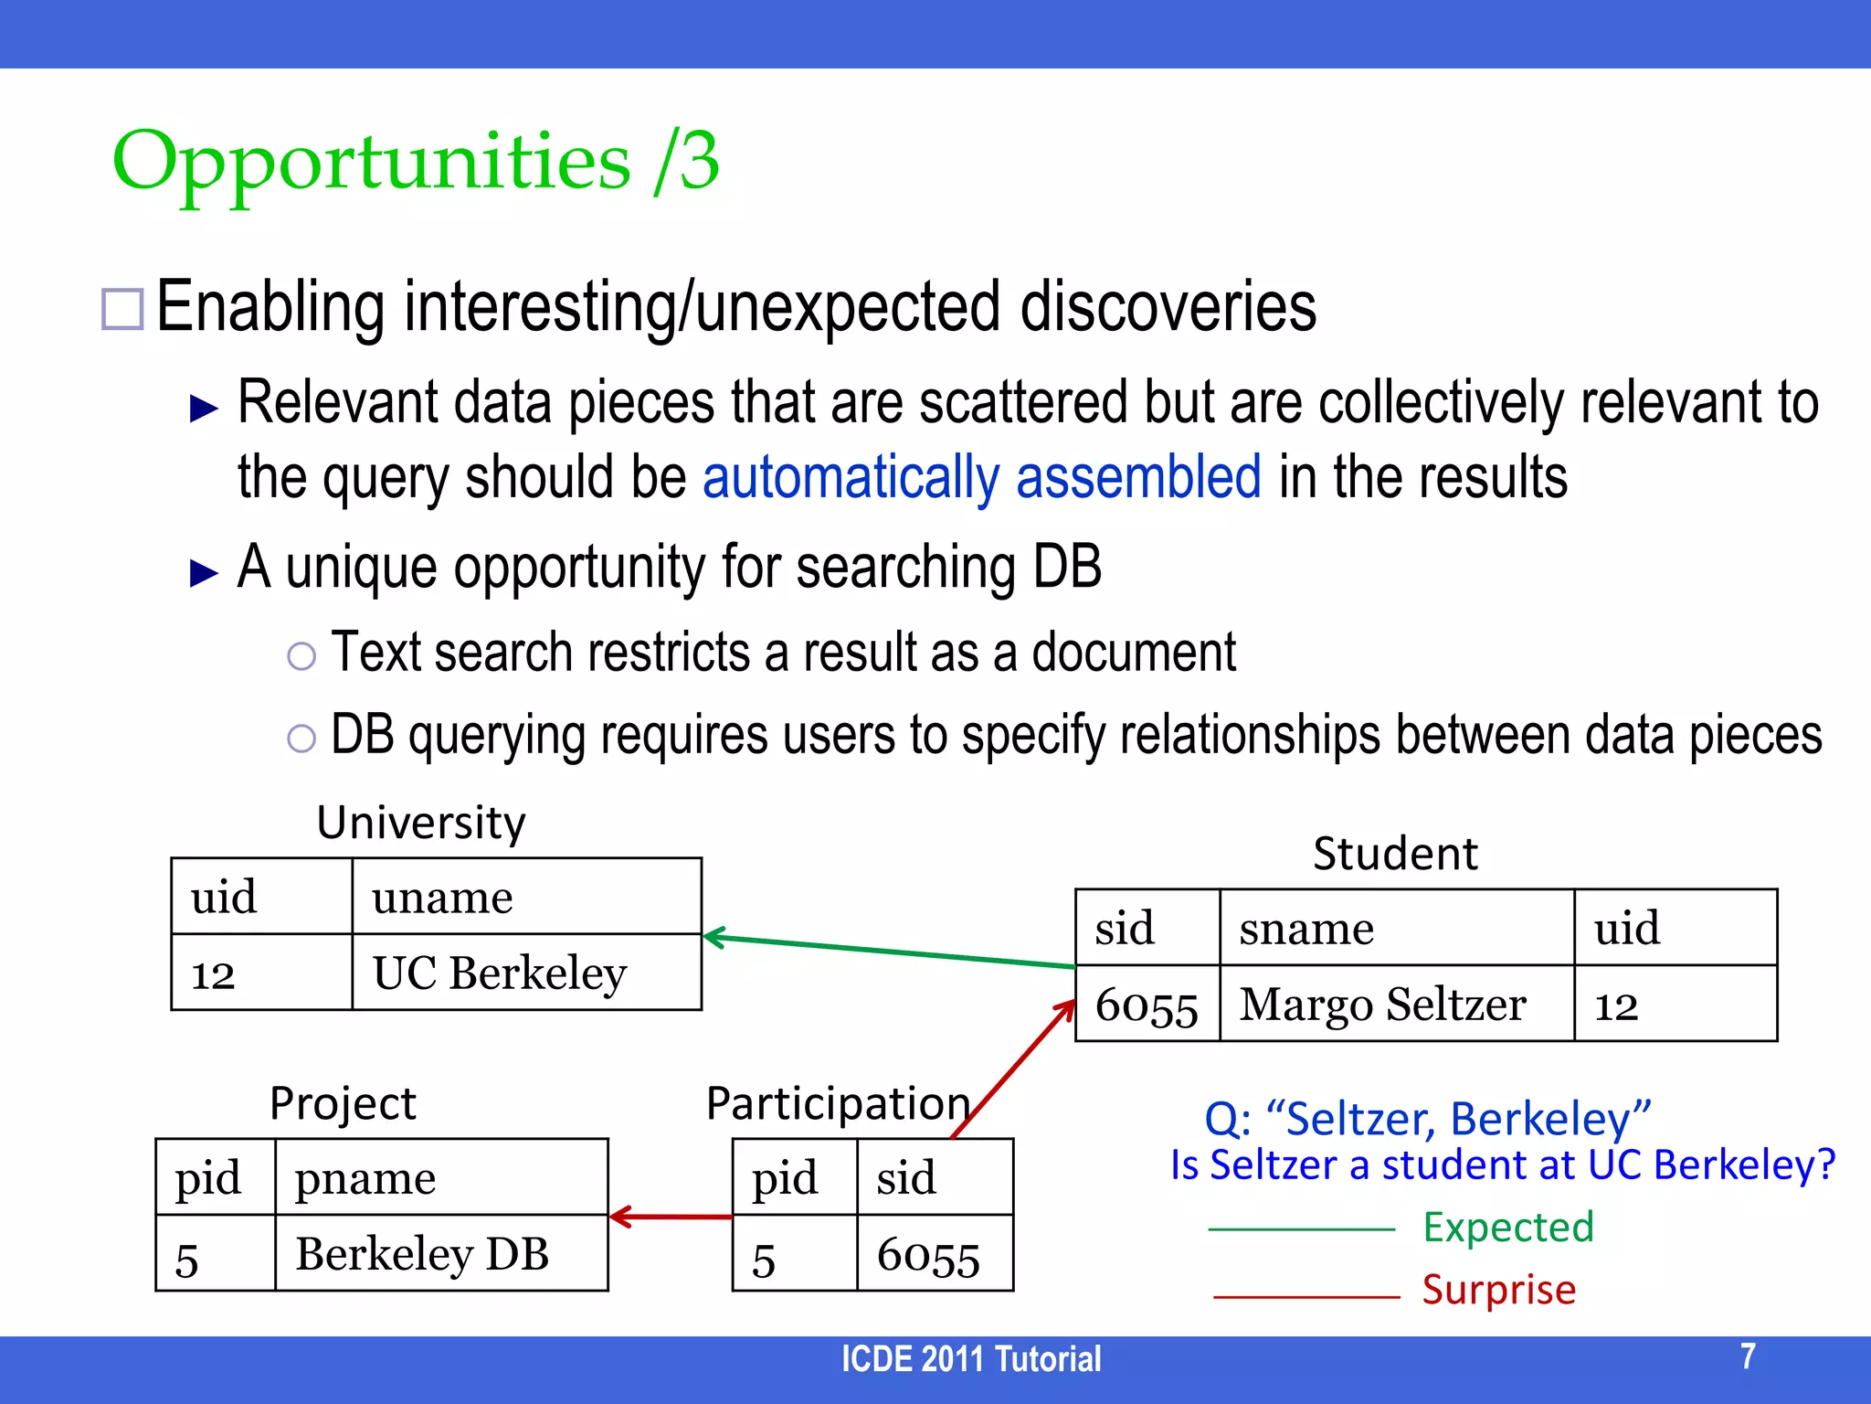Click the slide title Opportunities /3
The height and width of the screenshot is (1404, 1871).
pyautogui.click(x=416, y=162)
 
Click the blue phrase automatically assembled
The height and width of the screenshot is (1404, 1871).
pyautogui.click(x=981, y=477)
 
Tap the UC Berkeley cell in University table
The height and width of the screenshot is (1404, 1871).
pyautogui.click(x=499, y=973)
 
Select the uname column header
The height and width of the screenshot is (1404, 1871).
pyautogui.click(x=442, y=897)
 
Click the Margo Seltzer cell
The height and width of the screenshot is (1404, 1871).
pyautogui.click(x=1382, y=1004)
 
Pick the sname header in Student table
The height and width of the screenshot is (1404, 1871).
pyautogui.click(x=1306, y=928)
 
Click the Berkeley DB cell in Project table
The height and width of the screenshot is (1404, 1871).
pyautogui.click(x=422, y=1253)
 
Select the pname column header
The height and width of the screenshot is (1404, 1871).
pyautogui.click(x=365, y=1178)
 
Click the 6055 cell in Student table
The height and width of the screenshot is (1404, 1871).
pyautogui.click(x=1147, y=1005)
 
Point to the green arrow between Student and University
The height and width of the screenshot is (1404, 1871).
pyautogui.click(x=891, y=952)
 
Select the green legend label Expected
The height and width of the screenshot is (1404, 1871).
pyautogui.click(x=1508, y=1227)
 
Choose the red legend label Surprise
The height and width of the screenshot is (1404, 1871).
pyautogui.click(x=1499, y=1290)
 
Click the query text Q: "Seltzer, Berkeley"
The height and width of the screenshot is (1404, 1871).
pyautogui.click(x=1427, y=1119)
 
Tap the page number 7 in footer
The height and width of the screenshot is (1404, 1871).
pyautogui.click(x=1748, y=1356)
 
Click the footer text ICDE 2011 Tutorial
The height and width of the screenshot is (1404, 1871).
pyautogui.click(x=971, y=1359)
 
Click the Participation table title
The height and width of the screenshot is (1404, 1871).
pyautogui.click(x=838, y=1103)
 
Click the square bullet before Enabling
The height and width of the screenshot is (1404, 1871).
pyautogui.click(x=122, y=309)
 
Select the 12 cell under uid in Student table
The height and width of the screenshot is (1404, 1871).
pyautogui.click(x=1617, y=1005)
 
